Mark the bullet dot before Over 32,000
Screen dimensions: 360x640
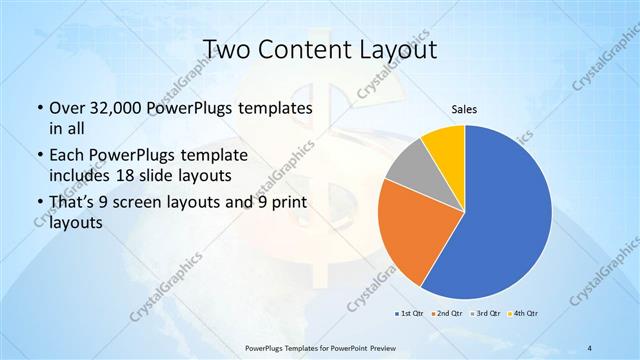coord(38,108)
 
